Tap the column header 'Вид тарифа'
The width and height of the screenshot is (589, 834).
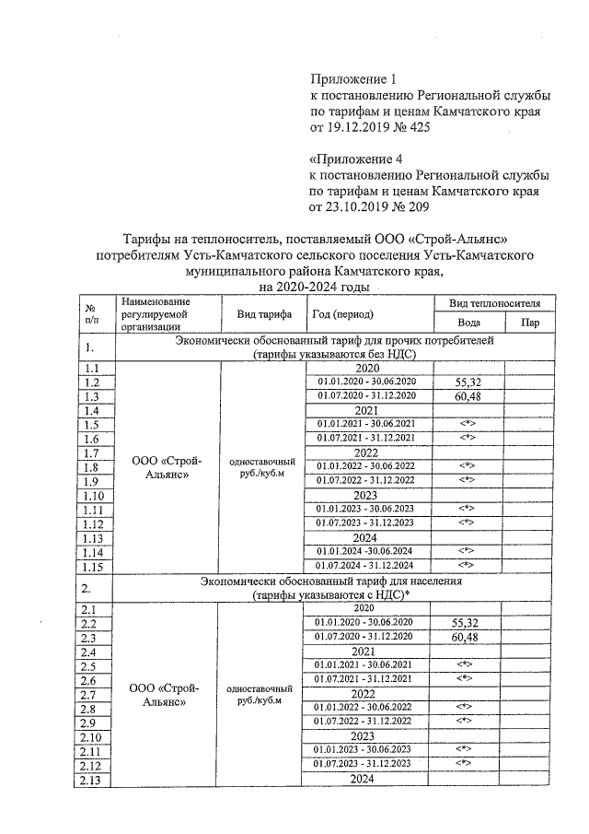pyautogui.click(x=264, y=314)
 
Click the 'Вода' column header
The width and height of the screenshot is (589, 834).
pyautogui.click(x=468, y=323)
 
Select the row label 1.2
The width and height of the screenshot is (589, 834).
pyautogui.click(x=91, y=382)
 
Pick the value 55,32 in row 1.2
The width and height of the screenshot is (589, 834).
pyautogui.click(x=465, y=382)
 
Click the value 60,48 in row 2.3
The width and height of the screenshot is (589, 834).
pyautogui.click(x=465, y=637)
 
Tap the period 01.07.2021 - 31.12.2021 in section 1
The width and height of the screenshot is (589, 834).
pyautogui.click(x=366, y=438)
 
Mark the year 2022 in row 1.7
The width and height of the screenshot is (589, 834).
pyautogui.click(x=366, y=452)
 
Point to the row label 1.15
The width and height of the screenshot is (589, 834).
pyautogui.click(x=93, y=565)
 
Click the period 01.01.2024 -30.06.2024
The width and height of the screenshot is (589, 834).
pyautogui.click(x=366, y=551)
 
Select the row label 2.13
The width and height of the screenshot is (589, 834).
pyautogui.click(x=91, y=780)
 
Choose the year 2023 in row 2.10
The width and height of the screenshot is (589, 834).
pyautogui.click(x=366, y=736)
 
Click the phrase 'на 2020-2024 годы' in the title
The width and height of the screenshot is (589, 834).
pyautogui.click(x=314, y=287)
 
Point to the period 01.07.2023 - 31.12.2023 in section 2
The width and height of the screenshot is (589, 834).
pyautogui.click(x=366, y=764)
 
